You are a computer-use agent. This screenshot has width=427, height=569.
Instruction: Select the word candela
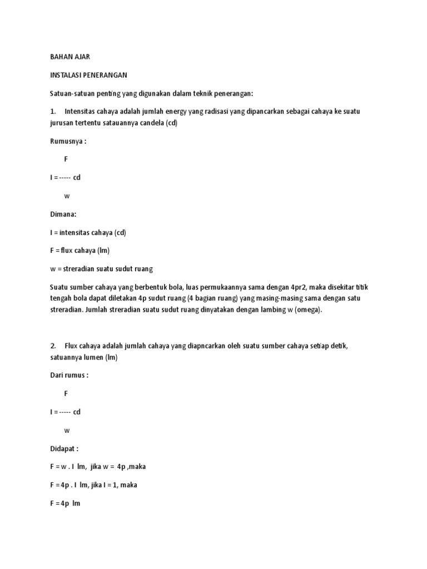click(x=150, y=123)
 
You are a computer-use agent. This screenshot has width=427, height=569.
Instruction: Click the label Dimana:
click(x=63, y=213)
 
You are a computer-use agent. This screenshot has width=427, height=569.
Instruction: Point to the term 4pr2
click(x=304, y=287)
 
